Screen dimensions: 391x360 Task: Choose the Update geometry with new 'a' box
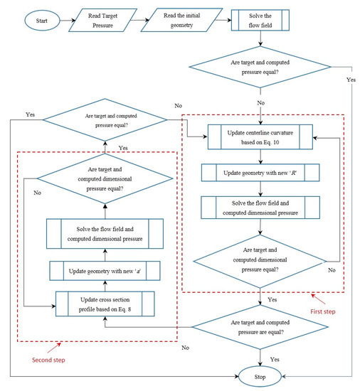point(105,272)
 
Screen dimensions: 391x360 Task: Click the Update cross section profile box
point(105,306)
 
